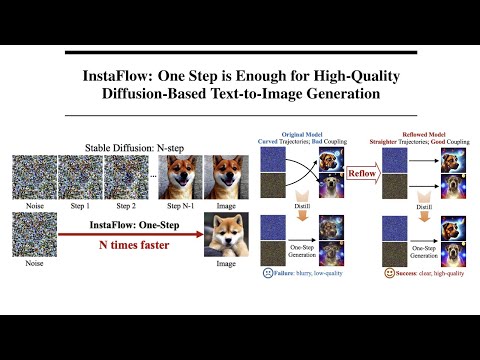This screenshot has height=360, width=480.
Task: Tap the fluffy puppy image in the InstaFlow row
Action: click(x=225, y=236)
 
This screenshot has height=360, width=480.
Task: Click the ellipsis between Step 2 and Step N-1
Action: click(x=151, y=178)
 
